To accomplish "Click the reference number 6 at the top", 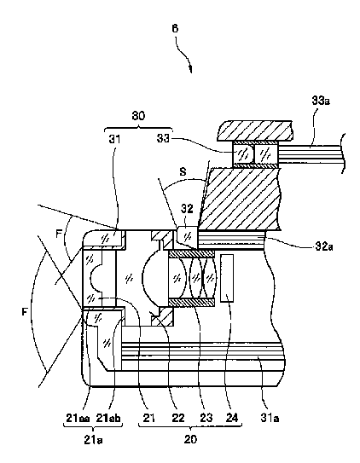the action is [x=175, y=28].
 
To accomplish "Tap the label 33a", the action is [x=321, y=101].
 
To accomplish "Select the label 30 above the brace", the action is [x=138, y=115].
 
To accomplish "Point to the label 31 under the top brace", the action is [x=114, y=138].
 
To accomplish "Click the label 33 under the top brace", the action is [x=163, y=138].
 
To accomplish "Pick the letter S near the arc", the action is [x=183, y=172].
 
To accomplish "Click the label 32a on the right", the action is [x=324, y=246].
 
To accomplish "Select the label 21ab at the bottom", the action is [x=108, y=418].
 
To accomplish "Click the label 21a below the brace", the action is [x=93, y=440].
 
